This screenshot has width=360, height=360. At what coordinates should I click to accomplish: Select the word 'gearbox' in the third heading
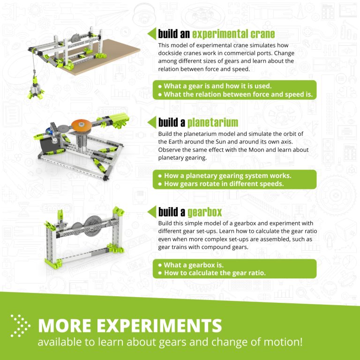(204, 212)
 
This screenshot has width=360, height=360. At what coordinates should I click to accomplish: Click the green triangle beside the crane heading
(151, 34)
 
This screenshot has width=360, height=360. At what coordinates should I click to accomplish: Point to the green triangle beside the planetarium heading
(151, 123)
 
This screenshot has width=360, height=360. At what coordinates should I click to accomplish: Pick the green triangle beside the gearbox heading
(151, 212)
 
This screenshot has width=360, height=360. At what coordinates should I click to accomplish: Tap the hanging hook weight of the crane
(36, 87)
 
